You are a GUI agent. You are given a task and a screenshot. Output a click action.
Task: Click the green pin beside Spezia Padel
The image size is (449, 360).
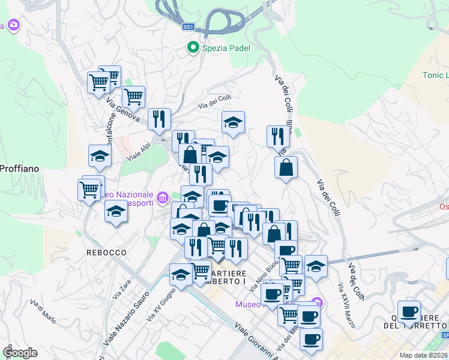(193, 47)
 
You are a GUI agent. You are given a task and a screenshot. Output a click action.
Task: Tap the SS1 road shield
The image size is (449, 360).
(188, 27)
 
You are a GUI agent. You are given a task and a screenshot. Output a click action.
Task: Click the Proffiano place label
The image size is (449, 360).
(19, 169)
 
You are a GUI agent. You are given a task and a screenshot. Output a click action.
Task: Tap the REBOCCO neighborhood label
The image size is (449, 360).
(106, 253)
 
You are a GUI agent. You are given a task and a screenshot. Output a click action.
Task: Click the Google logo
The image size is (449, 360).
(20, 353)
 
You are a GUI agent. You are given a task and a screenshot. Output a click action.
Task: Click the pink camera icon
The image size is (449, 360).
(13, 25)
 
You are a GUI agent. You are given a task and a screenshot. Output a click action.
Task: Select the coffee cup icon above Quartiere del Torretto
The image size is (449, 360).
(409, 311)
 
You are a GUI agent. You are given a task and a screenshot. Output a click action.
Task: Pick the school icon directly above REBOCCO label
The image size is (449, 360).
(116, 212)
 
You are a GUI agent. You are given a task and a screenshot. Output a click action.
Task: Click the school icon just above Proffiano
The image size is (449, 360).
(100, 156)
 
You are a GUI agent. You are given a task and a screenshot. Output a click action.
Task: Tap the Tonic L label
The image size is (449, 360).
(435, 75)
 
